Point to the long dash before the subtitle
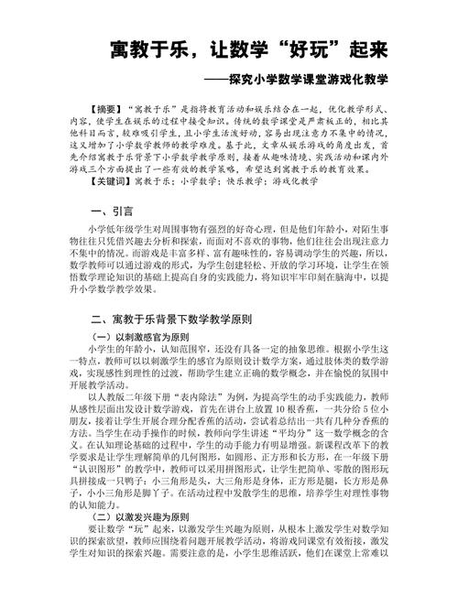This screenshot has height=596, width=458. coord(242,79)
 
